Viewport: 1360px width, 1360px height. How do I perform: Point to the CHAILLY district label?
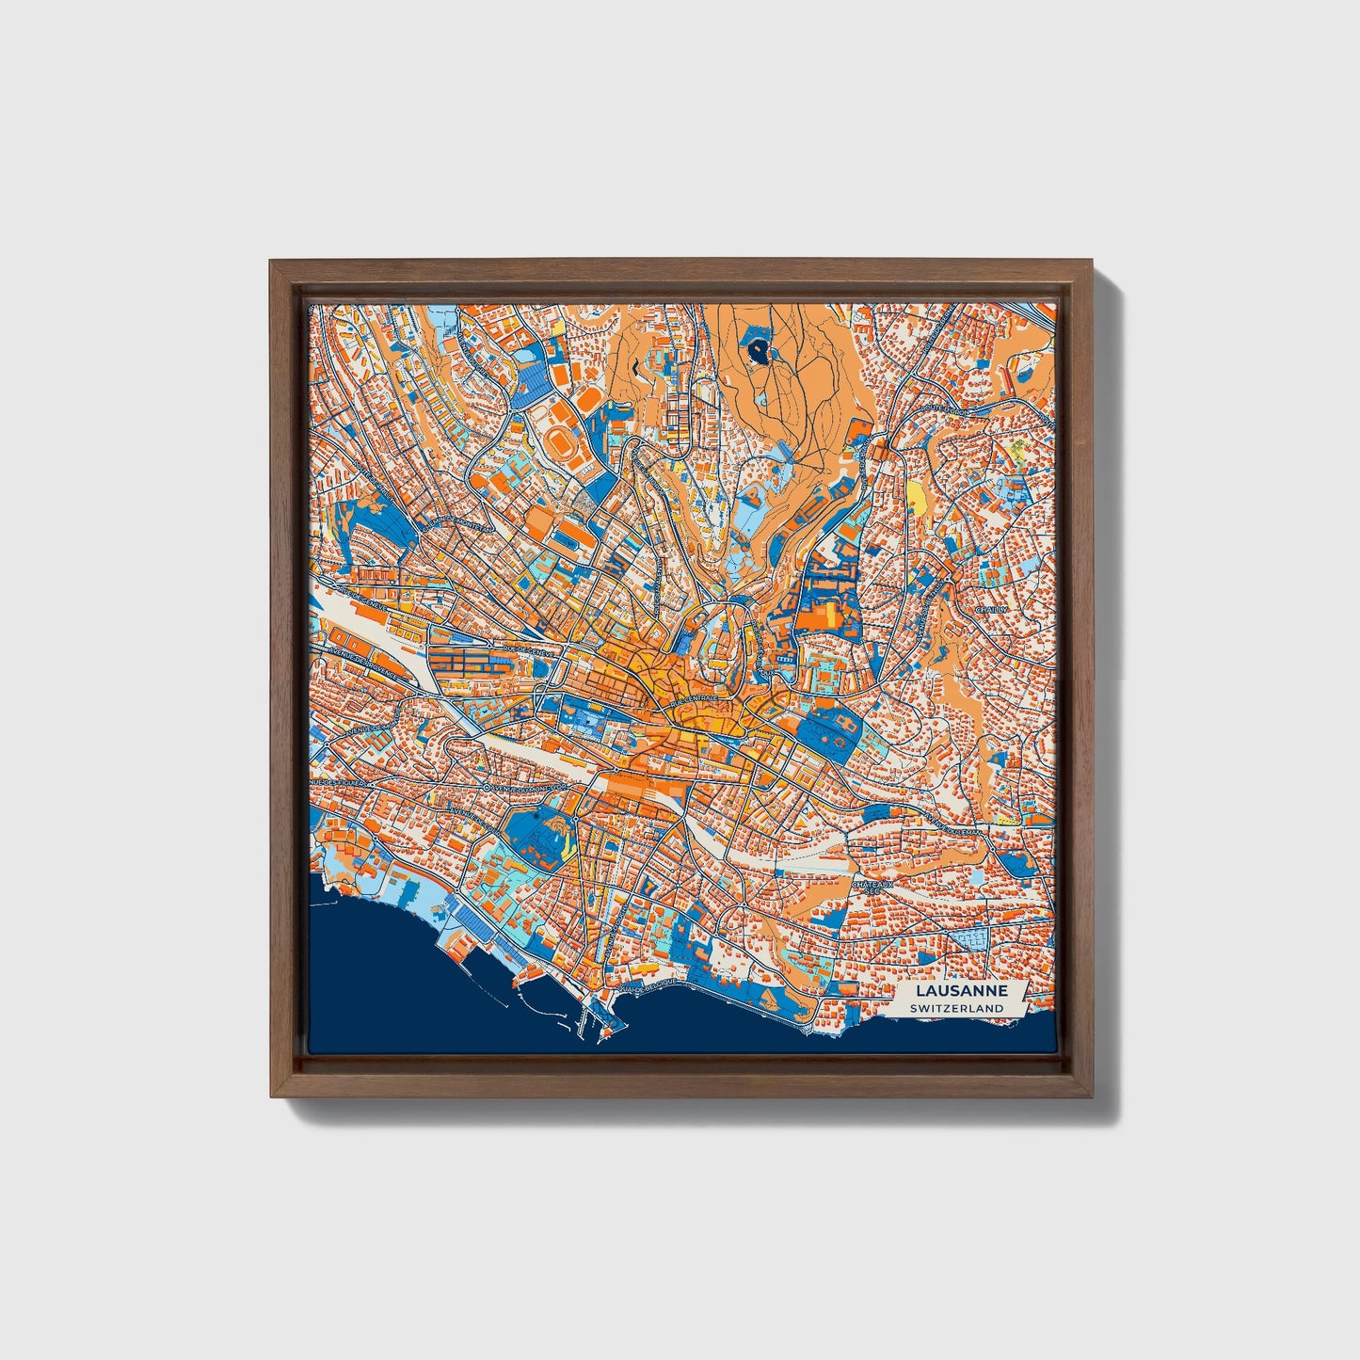pos(991,609)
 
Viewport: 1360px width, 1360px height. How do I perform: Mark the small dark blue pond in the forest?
pos(760,351)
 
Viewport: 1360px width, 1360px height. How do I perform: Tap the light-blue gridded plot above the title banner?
pos(973,937)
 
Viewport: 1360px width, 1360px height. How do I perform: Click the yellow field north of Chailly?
pos(917,494)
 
